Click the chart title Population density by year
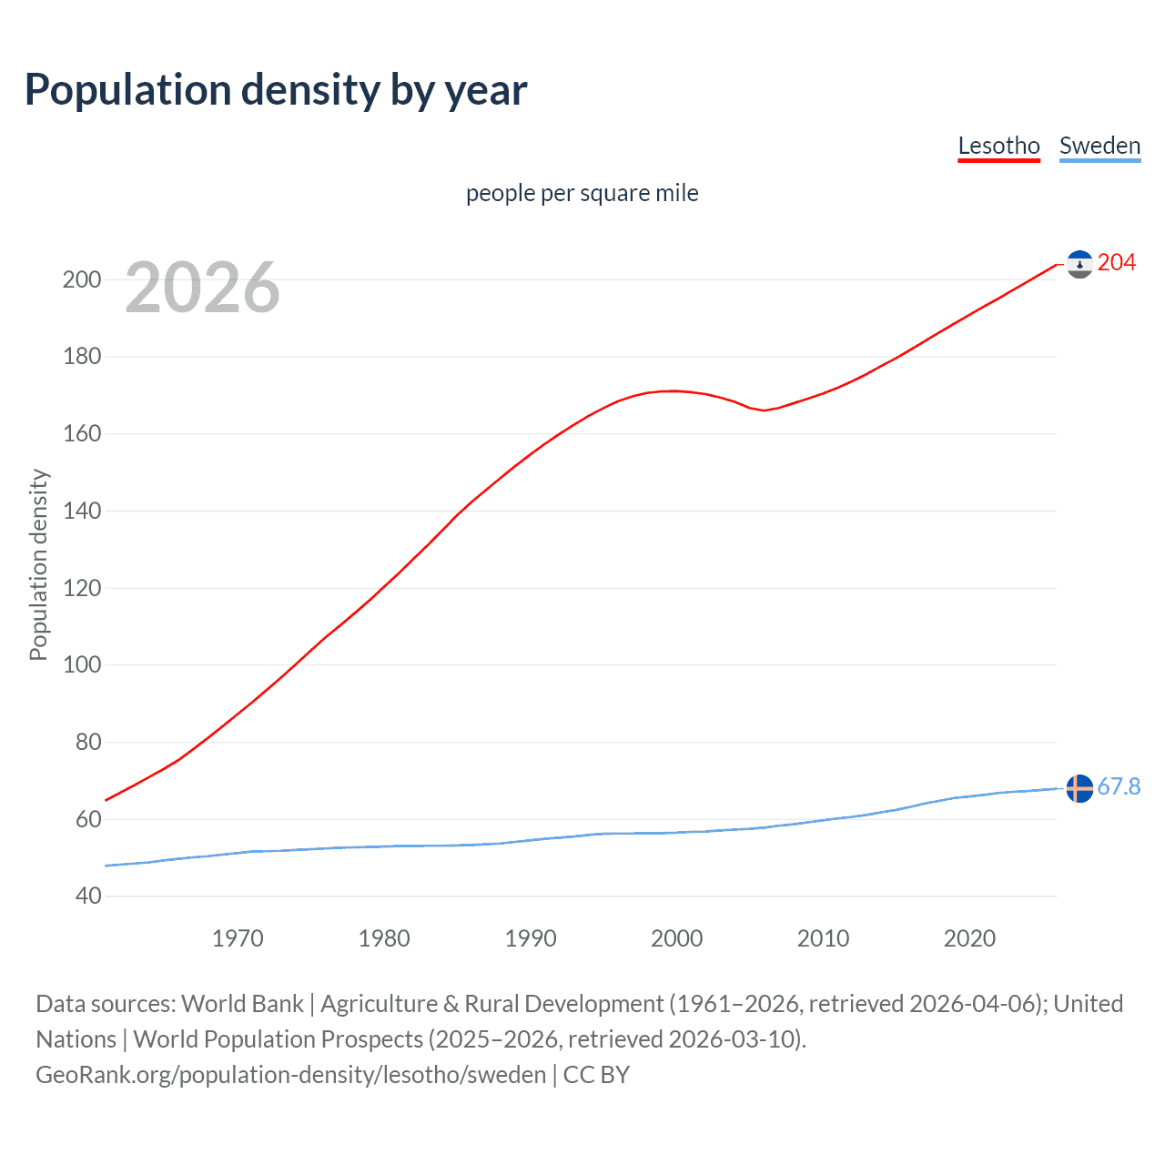pyautogui.click(x=276, y=90)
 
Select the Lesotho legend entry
pyautogui.click(x=998, y=146)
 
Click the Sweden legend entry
pyautogui.click(x=1099, y=146)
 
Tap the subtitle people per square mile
pyautogui.click(x=582, y=193)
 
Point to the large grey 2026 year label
pyautogui.click(x=202, y=288)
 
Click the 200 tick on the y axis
pyautogui.click(x=82, y=279)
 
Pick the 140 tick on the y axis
pyautogui.click(x=82, y=511)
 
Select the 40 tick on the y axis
pyautogui.click(x=88, y=897)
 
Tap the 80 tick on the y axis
pyautogui.click(x=88, y=742)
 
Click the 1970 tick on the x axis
pyautogui.click(x=238, y=938)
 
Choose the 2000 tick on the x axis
pyautogui.click(x=676, y=938)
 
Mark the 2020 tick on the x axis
pyautogui.click(x=969, y=938)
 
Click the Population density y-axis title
pyautogui.click(x=38, y=564)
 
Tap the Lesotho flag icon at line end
pyautogui.click(x=1079, y=264)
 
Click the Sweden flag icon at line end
pyautogui.click(x=1079, y=788)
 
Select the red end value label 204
pyautogui.click(x=1117, y=263)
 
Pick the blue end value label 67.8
pyautogui.click(x=1119, y=786)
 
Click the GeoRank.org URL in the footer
pyautogui.click(x=290, y=1074)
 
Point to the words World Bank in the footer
pyautogui.click(x=242, y=1003)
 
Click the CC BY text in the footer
pyautogui.click(x=596, y=1074)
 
